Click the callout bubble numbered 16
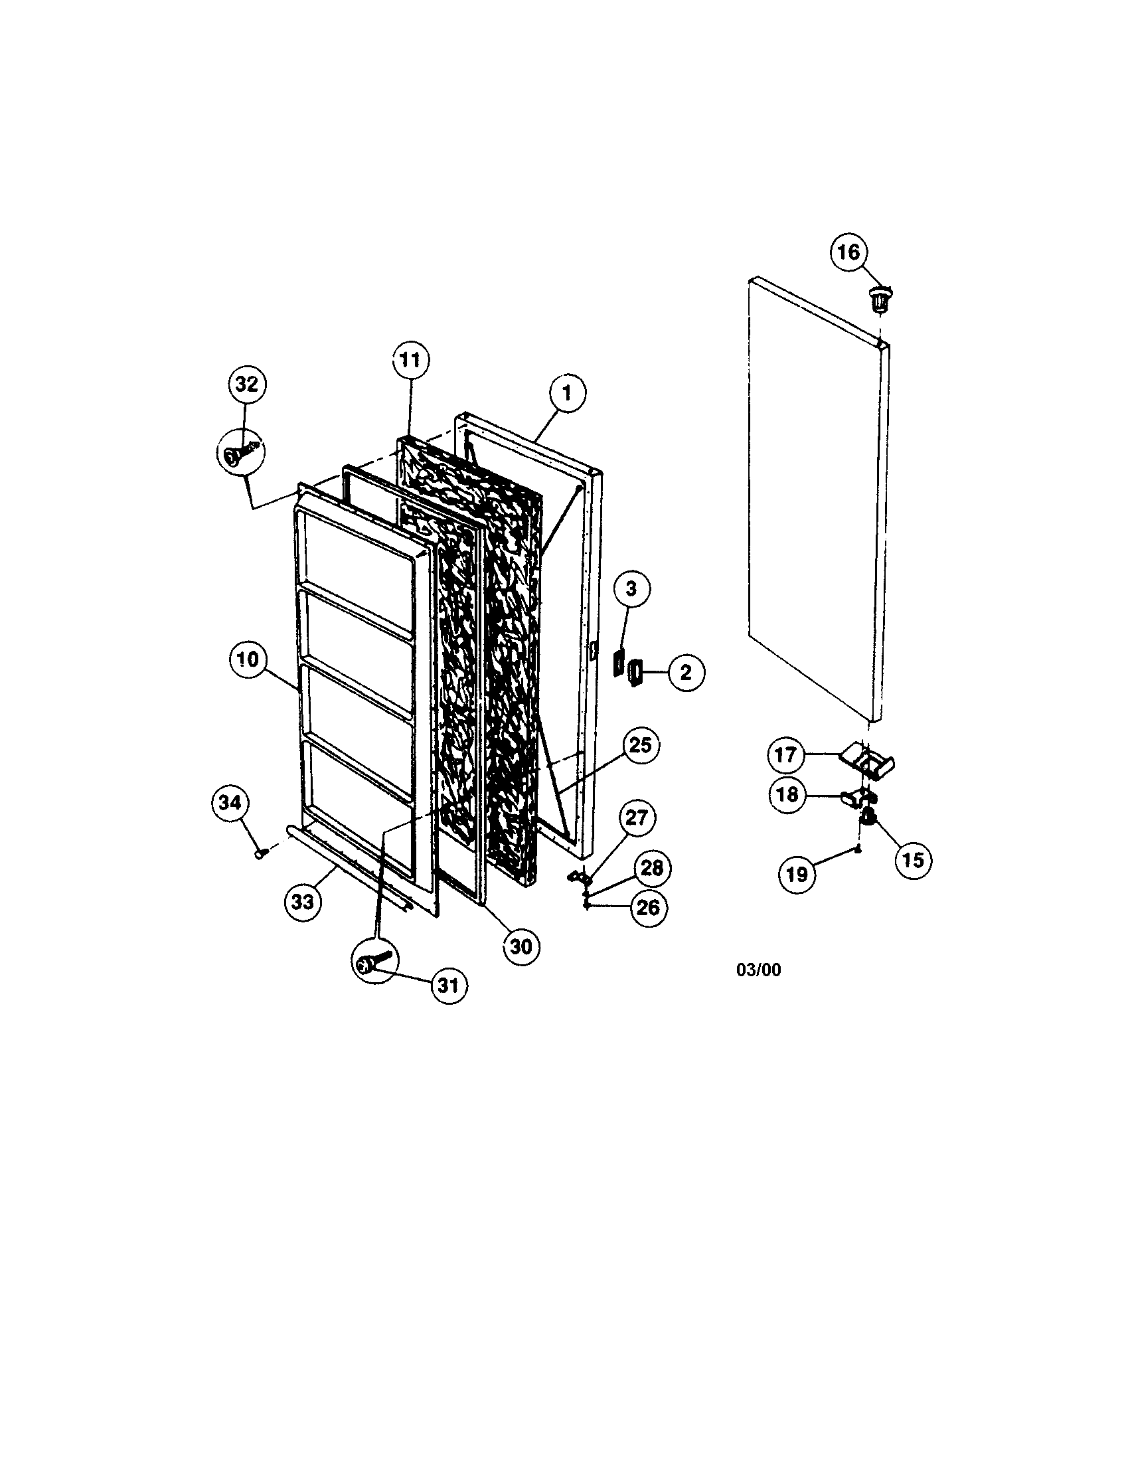pyautogui.click(x=848, y=253)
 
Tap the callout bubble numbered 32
pyautogui.click(x=247, y=385)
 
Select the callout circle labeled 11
pyautogui.click(x=410, y=361)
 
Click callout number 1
pyautogui.click(x=567, y=393)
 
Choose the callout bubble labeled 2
pyautogui.click(x=685, y=671)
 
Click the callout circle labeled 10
pyautogui.click(x=248, y=659)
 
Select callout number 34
pyautogui.click(x=230, y=803)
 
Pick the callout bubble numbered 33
pyautogui.click(x=303, y=902)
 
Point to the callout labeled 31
pyautogui.click(x=449, y=985)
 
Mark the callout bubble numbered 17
pyautogui.click(x=785, y=755)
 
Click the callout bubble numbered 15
pyautogui.click(x=913, y=859)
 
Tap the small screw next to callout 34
pyautogui.click(x=261, y=853)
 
